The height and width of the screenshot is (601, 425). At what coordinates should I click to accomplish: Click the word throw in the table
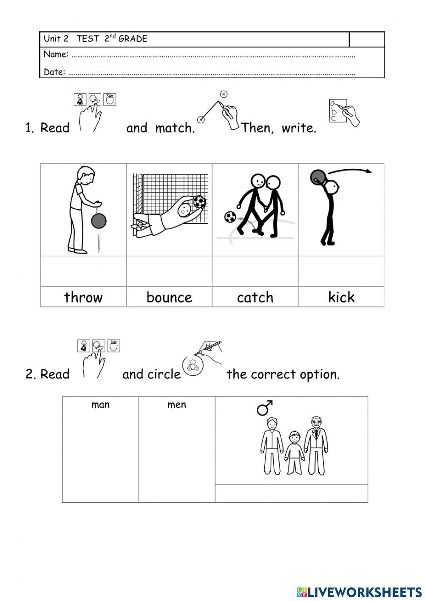point(83,297)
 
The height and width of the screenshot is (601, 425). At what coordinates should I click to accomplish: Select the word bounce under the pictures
point(169,297)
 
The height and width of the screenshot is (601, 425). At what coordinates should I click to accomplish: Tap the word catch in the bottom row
point(255,297)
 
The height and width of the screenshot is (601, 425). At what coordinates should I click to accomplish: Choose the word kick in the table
point(341,297)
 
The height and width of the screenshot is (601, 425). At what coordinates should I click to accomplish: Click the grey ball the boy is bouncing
point(99,221)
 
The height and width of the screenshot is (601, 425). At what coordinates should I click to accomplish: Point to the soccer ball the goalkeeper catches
point(199,202)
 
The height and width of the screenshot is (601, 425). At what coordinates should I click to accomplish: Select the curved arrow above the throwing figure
point(350,171)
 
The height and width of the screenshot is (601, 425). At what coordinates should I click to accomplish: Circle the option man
point(100,404)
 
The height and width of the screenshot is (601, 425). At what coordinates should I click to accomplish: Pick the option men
point(177,404)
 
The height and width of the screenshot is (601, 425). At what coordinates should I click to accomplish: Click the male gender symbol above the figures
point(264,408)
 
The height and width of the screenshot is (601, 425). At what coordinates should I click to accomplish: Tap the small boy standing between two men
point(294,453)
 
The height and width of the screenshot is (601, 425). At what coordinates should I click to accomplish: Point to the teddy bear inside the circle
point(193,365)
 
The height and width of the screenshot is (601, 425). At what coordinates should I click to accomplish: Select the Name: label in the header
point(56,54)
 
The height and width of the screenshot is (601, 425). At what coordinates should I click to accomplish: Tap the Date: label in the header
point(54,72)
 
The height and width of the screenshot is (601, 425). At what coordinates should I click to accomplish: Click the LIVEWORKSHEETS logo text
point(364,592)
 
